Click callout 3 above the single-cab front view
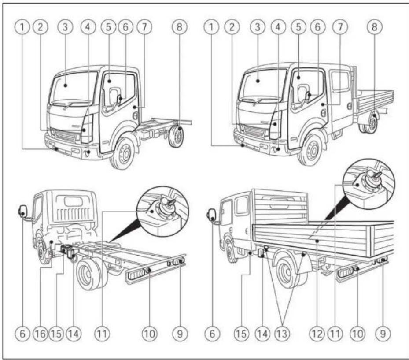click(x=65, y=27)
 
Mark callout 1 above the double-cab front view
click(x=212, y=27)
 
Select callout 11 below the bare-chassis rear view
click(x=102, y=334)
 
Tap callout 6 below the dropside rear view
click(x=212, y=334)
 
